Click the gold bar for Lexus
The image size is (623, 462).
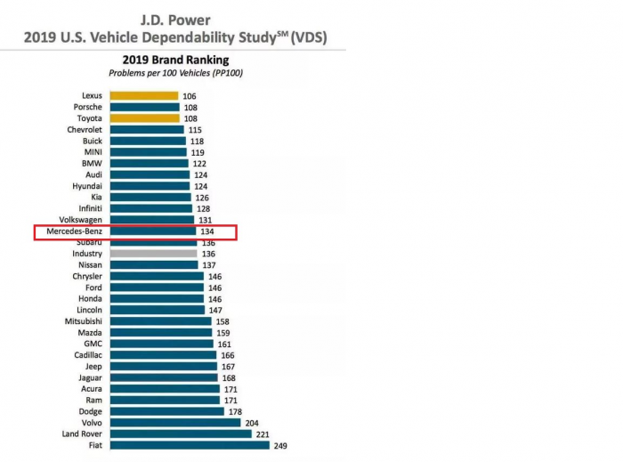click(142, 96)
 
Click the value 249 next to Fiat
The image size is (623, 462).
click(281, 445)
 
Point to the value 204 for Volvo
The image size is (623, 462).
click(252, 423)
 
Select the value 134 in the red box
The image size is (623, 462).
click(208, 231)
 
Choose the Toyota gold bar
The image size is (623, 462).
click(143, 118)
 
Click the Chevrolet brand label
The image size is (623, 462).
click(85, 130)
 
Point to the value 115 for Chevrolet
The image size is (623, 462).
click(195, 130)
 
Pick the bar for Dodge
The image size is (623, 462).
click(166, 411)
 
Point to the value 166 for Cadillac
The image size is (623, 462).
click(227, 355)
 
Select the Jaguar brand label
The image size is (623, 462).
click(88, 377)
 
